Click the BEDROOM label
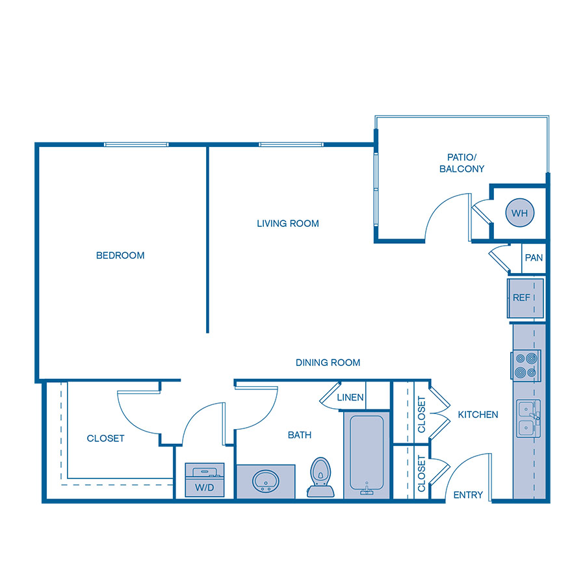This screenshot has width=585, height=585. [x=120, y=255]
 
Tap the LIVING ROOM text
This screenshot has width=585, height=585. [x=288, y=224]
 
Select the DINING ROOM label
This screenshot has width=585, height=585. [x=328, y=363]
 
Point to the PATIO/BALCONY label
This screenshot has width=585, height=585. [x=461, y=163]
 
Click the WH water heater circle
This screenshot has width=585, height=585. [x=519, y=213]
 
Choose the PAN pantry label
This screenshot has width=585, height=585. [x=534, y=258]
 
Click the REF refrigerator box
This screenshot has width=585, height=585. [x=522, y=298]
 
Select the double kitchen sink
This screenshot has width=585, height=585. [x=527, y=419]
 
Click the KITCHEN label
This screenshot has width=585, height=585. [x=478, y=415]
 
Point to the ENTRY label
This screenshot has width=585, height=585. [x=468, y=495]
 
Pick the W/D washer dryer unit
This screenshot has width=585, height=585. [x=205, y=480]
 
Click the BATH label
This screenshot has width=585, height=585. [x=300, y=435]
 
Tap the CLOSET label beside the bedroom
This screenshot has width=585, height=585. [x=105, y=439]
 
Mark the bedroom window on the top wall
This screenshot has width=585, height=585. [x=136, y=144]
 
